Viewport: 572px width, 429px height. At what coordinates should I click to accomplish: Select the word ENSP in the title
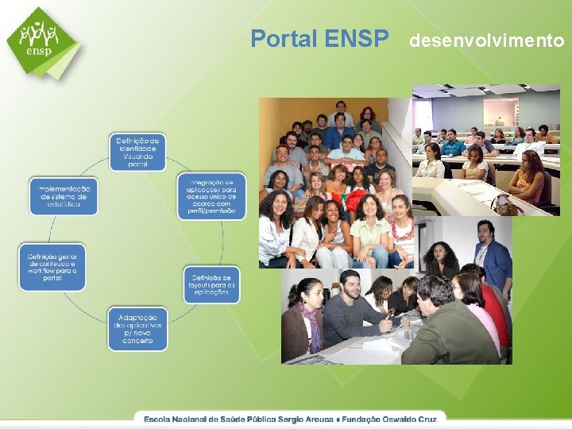coord(357,38)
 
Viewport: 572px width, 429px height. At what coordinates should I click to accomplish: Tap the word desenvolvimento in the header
coord(486,40)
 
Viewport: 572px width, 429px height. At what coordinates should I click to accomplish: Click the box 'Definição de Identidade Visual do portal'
coord(137,152)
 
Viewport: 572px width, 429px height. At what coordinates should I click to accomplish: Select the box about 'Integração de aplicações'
coord(211,195)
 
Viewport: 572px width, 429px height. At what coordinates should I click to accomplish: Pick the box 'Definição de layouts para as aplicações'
coord(211,284)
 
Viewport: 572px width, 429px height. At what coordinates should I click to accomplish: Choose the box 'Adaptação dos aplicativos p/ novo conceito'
coord(137,328)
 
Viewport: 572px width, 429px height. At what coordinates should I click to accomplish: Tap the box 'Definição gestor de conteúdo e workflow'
coord(52,267)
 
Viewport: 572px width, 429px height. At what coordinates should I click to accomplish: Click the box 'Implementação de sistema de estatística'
coord(64,195)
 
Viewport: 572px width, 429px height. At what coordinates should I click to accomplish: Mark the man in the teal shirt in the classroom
coord(454,144)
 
